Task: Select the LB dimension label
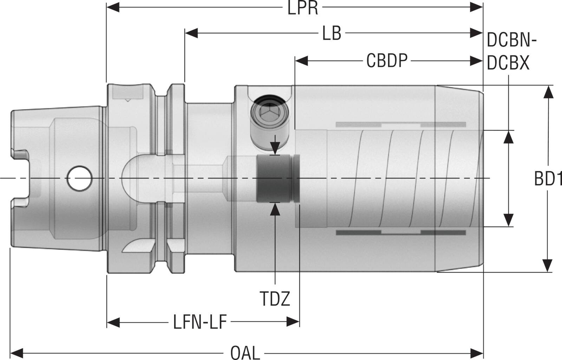click(x=332, y=34)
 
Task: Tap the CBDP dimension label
click(x=387, y=61)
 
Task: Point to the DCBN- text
click(x=511, y=41)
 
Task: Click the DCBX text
click(x=508, y=63)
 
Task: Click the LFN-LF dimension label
click(x=200, y=322)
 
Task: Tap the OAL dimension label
click(x=245, y=352)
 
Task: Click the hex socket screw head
click(x=269, y=112)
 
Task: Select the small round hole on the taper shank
click(x=79, y=178)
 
